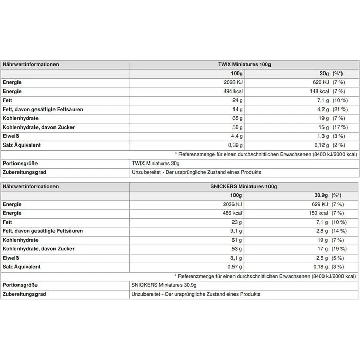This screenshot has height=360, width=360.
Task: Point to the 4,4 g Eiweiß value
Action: coord(236,136)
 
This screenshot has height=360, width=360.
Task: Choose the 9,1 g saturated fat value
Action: coord(236,231)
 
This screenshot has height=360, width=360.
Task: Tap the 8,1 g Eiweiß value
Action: coord(236,258)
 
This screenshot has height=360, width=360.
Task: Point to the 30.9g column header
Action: coord(321,195)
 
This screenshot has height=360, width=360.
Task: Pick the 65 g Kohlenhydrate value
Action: coord(237,118)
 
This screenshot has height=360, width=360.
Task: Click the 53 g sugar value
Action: coord(237,249)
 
